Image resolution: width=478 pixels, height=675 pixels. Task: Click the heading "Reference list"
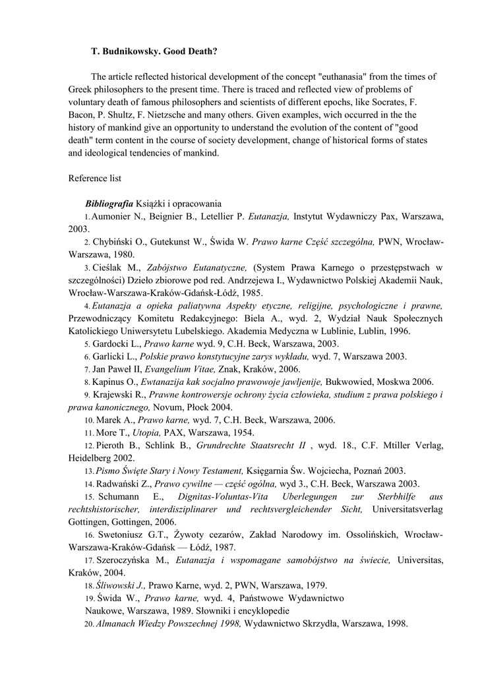coord(95,178)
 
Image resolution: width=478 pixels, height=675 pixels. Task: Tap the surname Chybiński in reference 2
coord(115,241)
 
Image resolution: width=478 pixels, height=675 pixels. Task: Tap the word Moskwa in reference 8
coord(392,382)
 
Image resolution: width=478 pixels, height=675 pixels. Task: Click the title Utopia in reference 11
coord(147,433)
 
